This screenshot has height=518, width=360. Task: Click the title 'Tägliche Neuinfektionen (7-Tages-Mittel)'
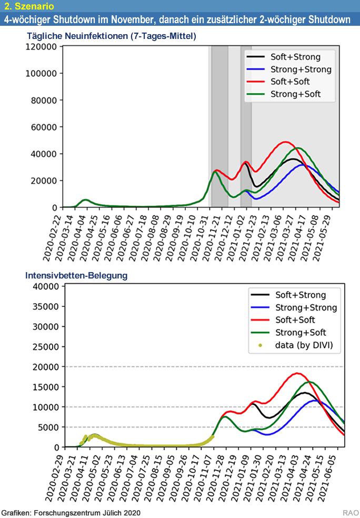112,36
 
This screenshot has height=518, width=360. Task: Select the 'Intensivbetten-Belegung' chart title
76,275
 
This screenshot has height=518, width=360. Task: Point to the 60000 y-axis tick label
43,127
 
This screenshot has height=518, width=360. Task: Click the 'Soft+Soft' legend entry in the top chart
290,82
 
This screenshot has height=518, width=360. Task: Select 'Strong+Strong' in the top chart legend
301,69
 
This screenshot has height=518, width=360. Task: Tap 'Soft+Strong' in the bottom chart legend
301,295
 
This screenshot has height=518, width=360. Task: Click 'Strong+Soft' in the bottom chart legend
301,332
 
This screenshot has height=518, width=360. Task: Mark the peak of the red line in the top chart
285,142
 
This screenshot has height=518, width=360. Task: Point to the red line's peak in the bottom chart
297,373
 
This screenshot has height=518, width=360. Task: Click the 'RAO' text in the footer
350,513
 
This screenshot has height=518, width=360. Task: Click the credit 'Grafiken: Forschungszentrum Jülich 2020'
71,512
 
